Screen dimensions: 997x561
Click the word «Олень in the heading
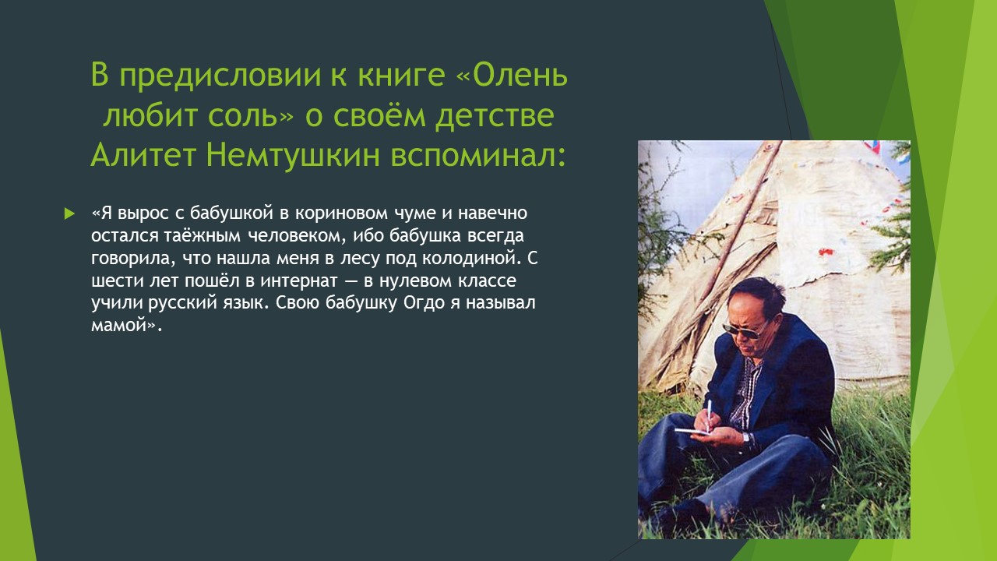[x=513, y=75]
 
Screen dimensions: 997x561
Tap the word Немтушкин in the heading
[x=293, y=155]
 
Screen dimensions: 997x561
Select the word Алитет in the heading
[x=143, y=155]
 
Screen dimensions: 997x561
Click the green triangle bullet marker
[x=69, y=213]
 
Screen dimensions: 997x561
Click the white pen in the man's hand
[x=709, y=415]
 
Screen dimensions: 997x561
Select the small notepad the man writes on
[x=692, y=432]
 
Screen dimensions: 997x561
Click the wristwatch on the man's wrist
[x=746, y=439]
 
